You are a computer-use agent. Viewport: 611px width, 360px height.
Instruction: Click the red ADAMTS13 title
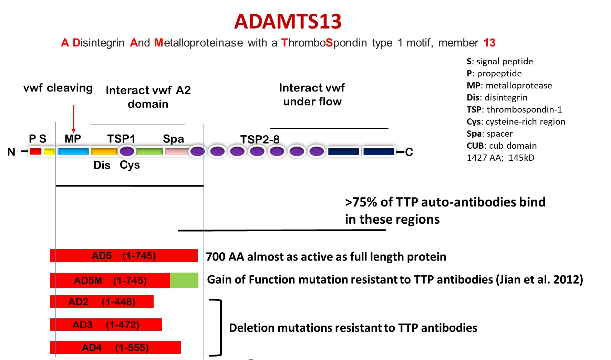click(x=288, y=21)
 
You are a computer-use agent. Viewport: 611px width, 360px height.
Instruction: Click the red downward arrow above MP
click(x=73, y=119)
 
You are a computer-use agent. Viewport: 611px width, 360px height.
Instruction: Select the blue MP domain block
click(x=73, y=151)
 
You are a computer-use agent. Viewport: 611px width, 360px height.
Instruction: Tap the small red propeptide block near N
click(x=35, y=151)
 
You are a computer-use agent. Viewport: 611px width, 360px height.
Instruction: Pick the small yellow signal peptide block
click(x=49, y=151)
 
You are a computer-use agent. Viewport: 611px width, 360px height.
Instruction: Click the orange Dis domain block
click(x=104, y=151)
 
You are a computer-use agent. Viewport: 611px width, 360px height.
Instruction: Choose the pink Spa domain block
click(x=176, y=151)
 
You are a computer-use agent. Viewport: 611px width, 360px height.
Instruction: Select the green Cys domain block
click(x=149, y=151)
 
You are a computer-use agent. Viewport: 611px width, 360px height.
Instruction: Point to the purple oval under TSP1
click(x=127, y=151)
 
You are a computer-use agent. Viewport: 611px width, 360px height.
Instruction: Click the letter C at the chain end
click(x=409, y=152)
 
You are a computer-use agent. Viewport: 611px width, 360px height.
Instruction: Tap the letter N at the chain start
click(x=11, y=152)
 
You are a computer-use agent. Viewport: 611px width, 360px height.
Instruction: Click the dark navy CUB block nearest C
click(x=379, y=151)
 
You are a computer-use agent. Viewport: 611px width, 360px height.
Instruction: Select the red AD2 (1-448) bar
click(x=102, y=302)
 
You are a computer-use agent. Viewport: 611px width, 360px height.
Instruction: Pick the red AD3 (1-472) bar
click(x=106, y=325)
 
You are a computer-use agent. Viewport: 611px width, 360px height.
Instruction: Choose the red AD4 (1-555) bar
click(x=115, y=347)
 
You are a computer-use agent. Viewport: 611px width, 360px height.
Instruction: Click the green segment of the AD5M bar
click(x=184, y=280)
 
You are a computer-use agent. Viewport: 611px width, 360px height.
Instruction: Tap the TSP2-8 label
click(x=260, y=139)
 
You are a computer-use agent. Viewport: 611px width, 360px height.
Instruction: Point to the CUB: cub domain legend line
click(x=501, y=146)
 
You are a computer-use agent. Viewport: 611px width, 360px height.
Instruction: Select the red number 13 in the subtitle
click(x=489, y=43)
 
